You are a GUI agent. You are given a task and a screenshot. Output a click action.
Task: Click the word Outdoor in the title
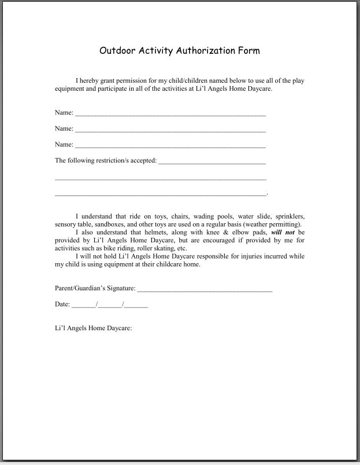118,50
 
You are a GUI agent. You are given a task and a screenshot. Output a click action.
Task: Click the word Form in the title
249,50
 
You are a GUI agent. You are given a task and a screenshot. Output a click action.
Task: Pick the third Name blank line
170,146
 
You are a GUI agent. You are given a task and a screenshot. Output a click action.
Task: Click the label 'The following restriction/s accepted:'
105,160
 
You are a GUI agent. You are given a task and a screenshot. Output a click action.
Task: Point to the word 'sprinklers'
291,216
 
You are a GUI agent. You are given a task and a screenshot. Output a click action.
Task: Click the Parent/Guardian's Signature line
205,289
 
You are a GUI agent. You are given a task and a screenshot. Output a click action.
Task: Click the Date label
62,304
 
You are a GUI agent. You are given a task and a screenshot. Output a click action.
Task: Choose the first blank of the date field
84,305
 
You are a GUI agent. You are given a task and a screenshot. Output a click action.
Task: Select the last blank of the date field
137,305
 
